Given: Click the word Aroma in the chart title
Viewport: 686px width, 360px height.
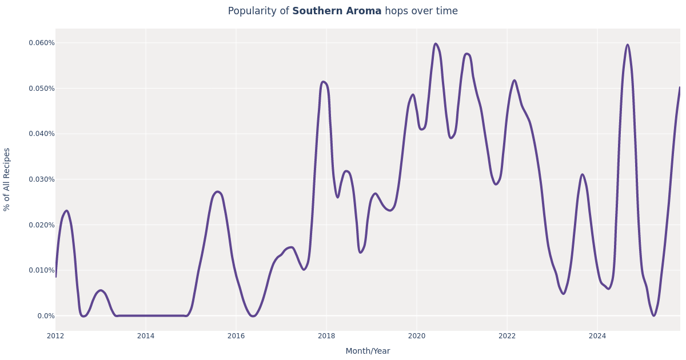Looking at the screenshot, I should (364, 11).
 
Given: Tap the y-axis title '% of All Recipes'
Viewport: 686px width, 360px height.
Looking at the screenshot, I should (7, 179).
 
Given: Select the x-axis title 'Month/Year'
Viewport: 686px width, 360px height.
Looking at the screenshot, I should (368, 351).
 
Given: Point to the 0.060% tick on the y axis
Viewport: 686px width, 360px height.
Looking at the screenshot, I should (42, 43).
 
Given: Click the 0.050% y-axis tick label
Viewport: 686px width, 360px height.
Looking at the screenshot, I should (42, 89).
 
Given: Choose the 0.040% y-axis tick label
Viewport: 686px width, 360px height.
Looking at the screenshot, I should (42, 134).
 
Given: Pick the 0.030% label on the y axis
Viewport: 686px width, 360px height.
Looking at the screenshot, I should (42, 179).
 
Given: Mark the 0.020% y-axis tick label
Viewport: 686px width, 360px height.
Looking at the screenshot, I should (42, 225).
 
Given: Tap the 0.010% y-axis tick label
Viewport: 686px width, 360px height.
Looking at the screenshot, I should (42, 270).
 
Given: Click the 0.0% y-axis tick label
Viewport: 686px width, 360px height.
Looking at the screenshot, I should (46, 316).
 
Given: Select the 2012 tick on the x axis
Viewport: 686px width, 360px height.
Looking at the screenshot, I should (55, 336).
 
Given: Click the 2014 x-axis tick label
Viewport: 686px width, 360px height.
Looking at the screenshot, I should (146, 336).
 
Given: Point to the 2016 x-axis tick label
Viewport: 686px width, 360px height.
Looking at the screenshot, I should (236, 336).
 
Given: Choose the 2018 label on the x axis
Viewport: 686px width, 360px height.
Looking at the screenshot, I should (326, 336).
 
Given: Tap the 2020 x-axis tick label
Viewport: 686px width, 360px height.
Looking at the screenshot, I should (417, 336).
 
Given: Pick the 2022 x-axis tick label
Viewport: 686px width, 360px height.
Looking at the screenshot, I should (507, 336).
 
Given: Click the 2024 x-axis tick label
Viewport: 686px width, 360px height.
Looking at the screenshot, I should (597, 336).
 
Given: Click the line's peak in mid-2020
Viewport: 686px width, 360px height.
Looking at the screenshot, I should (436, 44).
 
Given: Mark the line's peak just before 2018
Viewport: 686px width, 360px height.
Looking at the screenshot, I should (323, 82).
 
